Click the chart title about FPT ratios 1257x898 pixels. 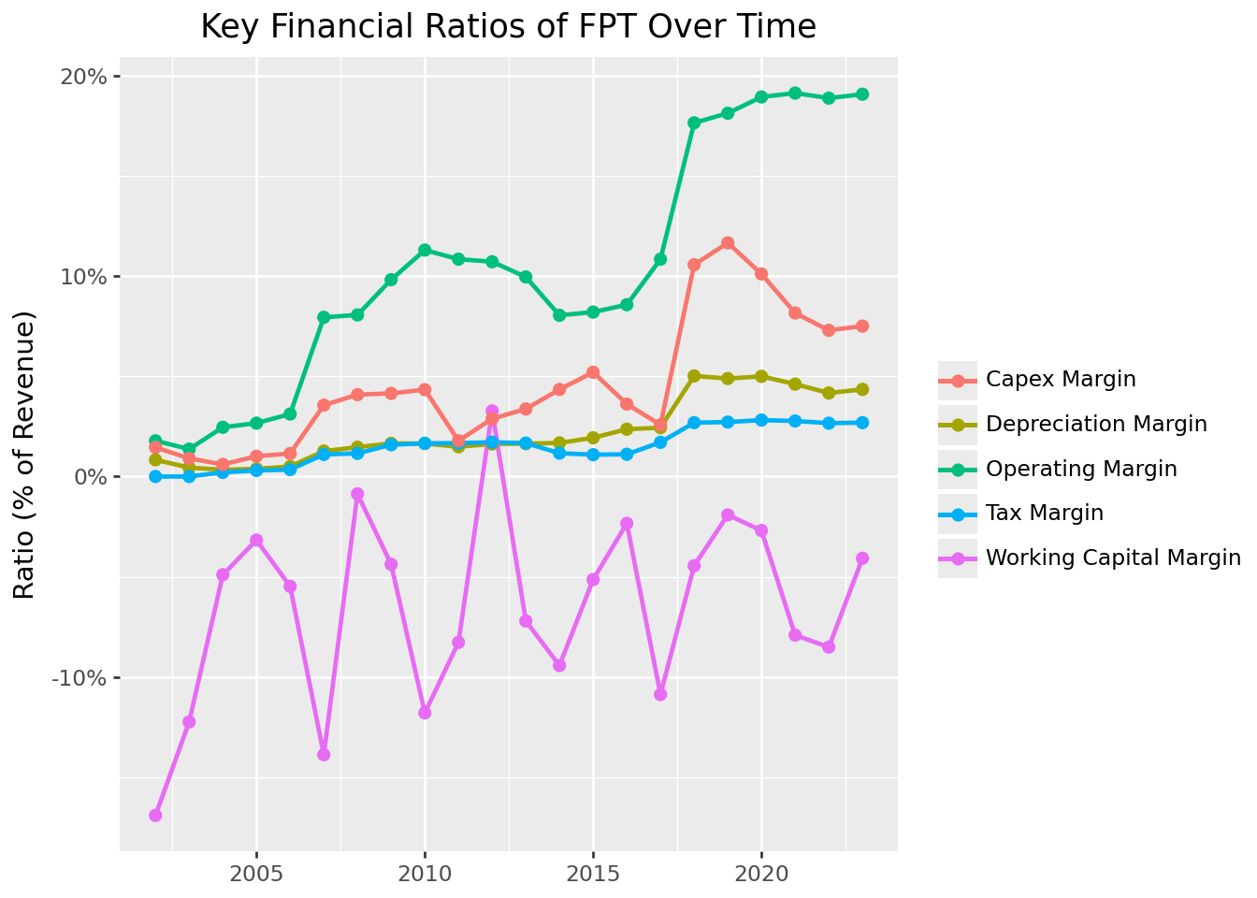pyautogui.click(x=508, y=27)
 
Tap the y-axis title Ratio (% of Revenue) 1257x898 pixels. pyautogui.click(x=24, y=455)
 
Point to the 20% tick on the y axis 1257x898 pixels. pyautogui.click(x=87, y=77)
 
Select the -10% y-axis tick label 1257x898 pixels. pyautogui.click(x=82, y=678)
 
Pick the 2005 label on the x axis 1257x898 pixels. pyautogui.click(x=256, y=876)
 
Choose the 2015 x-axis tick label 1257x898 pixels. pyautogui.click(x=593, y=876)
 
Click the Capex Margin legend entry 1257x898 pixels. pyautogui.click(x=1061, y=380)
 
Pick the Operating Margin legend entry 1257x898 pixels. pyautogui.click(x=1081, y=469)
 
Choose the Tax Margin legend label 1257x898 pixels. pyautogui.click(x=1045, y=514)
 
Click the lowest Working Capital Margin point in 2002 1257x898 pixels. pyautogui.click(x=155, y=816)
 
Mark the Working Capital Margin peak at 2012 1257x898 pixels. pyautogui.click(x=492, y=412)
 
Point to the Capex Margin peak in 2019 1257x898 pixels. pyautogui.click(x=728, y=243)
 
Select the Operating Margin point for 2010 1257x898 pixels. pyautogui.click(x=425, y=250)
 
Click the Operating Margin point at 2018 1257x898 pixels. pyautogui.click(x=694, y=123)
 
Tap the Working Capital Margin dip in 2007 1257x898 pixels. pyautogui.click(x=324, y=755)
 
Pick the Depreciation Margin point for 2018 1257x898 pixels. pyautogui.click(x=694, y=376)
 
